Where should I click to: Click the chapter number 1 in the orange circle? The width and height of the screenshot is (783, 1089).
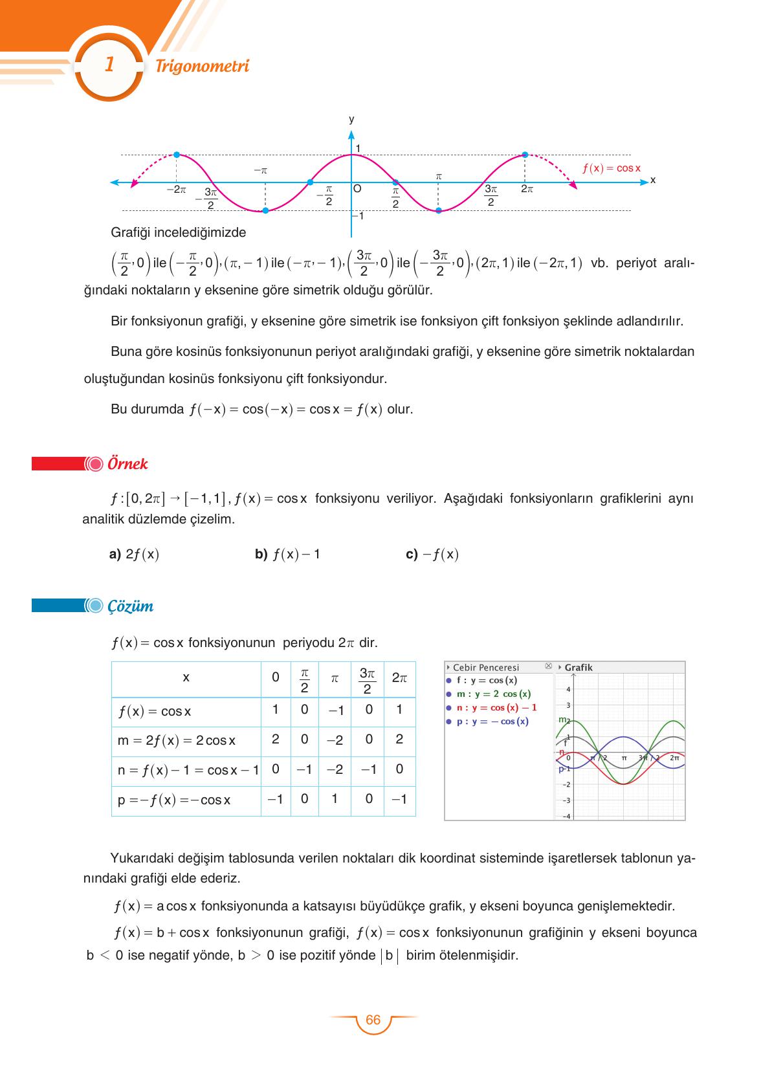(109, 65)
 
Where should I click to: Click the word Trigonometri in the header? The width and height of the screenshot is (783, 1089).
(202, 66)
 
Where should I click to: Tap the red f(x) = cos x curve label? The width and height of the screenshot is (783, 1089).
(611, 168)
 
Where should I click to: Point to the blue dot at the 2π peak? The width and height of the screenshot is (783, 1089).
(525, 155)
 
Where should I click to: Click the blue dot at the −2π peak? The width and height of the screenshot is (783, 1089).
(177, 155)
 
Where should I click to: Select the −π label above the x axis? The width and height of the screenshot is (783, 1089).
(260, 171)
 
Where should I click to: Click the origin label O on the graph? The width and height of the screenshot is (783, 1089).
(357, 189)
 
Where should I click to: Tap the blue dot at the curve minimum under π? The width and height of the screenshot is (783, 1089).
(438, 210)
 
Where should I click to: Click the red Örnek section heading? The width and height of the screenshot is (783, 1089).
(127, 464)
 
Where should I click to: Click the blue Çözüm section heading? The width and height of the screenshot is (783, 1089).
(130, 606)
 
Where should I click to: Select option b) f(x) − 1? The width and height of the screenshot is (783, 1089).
(287, 555)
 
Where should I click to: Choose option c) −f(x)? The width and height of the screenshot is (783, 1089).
(432, 555)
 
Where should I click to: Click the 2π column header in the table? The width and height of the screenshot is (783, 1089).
(399, 678)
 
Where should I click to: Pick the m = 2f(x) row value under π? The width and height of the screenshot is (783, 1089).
(335, 740)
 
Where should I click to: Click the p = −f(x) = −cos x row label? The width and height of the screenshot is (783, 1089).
(174, 800)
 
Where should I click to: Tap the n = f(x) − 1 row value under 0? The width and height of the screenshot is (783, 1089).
(276, 769)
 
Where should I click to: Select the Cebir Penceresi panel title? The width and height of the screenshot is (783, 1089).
(485, 667)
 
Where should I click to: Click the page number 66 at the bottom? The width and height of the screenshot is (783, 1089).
(373, 1020)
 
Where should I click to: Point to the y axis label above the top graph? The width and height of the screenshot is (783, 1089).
(351, 120)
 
